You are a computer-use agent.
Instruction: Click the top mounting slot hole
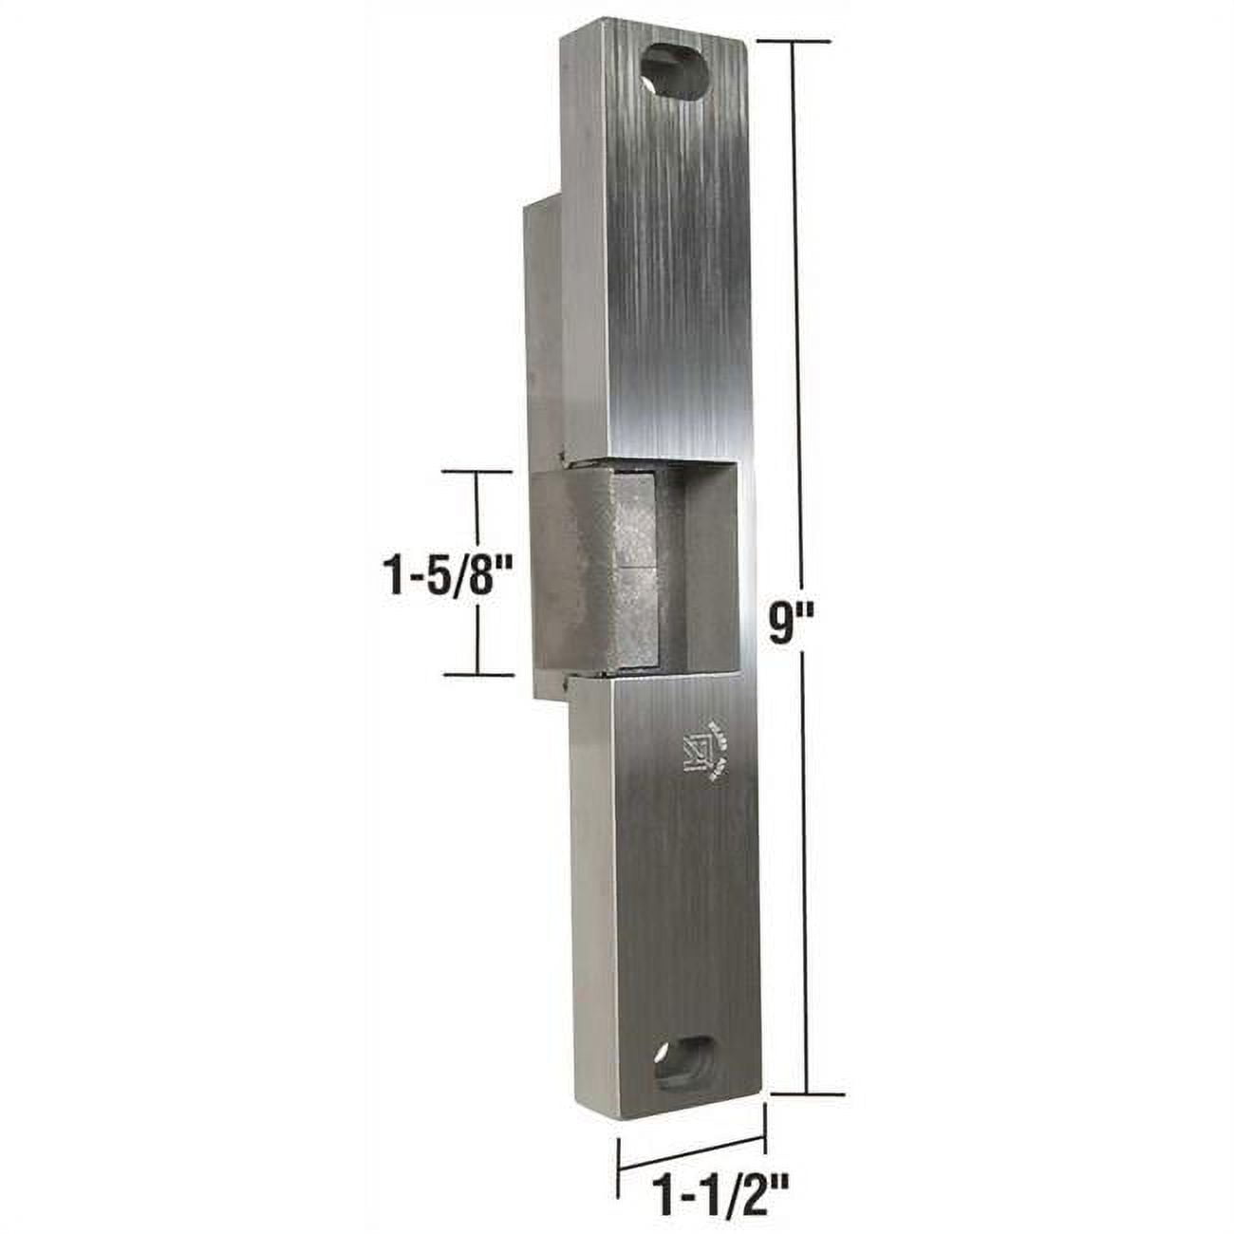click(681, 69)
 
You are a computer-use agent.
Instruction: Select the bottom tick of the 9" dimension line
click(807, 1095)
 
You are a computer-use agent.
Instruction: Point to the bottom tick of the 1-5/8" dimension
click(477, 673)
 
